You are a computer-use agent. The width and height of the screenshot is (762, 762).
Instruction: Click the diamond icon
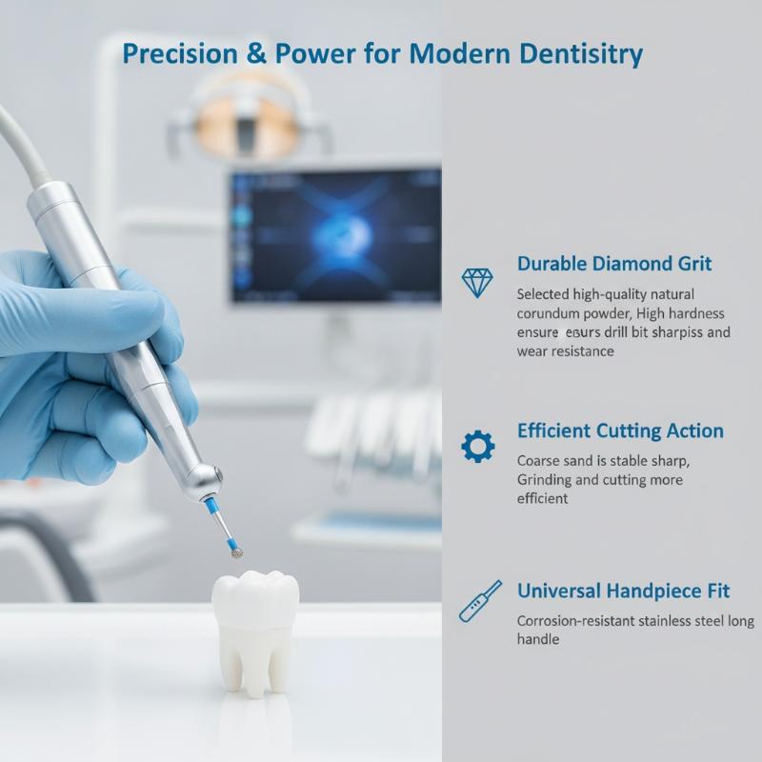pyautogui.click(x=477, y=283)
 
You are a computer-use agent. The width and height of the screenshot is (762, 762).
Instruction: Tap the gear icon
pyautogui.click(x=478, y=446)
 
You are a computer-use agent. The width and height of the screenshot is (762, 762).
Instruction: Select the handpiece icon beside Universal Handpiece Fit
pyautogui.click(x=480, y=601)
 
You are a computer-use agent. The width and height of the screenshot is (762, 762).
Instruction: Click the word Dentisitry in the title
pyautogui.click(x=581, y=54)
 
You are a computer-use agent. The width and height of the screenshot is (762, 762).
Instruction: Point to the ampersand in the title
pyautogui.click(x=256, y=53)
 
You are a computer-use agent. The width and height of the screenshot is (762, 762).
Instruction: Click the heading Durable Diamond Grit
pyautogui.click(x=614, y=264)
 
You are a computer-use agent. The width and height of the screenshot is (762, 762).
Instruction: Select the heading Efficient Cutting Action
pyautogui.click(x=620, y=431)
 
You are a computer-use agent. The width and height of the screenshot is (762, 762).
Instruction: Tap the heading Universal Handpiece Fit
pyautogui.click(x=624, y=591)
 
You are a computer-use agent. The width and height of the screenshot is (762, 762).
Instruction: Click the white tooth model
pyautogui.click(x=254, y=632)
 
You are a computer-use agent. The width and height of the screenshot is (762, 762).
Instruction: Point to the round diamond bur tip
pyautogui.click(x=236, y=552)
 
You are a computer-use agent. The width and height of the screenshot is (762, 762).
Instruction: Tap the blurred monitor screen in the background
pyautogui.click(x=335, y=235)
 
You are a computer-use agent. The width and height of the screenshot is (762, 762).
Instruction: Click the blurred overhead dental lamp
pyautogui.click(x=249, y=116)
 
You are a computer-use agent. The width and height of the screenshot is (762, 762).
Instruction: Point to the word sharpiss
pyautogui.click(x=676, y=332)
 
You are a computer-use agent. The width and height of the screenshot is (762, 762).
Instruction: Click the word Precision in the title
pyautogui.click(x=180, y=53)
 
